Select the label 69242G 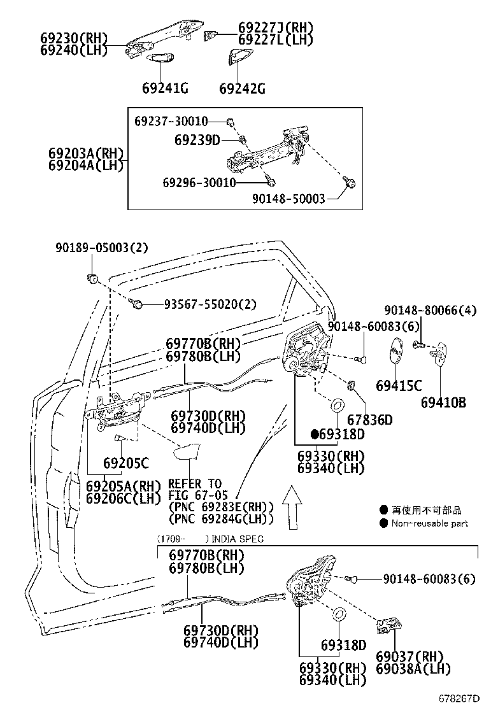(242, 88)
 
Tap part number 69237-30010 (171, 121)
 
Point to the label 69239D (197, 139)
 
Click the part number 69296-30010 (199, 183)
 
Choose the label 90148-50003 (288, 199)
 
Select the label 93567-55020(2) (201, 304)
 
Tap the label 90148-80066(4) (431, 310)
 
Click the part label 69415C (399, 385)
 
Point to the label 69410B (443, 402)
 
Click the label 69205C (126, 463)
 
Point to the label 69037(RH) (409, 656)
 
